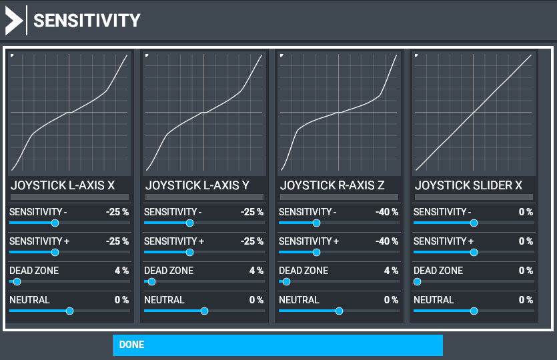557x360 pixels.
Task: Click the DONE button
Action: pyautogui.click(x=277, y=345)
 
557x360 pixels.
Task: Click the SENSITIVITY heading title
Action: pyautogui.click(x=87, y=21)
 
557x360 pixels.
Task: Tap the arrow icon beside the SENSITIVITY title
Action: pyautogui.click(x=13, y=21)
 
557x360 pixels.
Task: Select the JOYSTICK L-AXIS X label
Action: pyautogui.click(x=63, y=185)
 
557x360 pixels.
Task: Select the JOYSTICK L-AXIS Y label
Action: pyautogui.click(x=197, y=185)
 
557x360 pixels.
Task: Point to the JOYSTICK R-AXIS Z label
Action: pyautogui.click(x=332, y=185)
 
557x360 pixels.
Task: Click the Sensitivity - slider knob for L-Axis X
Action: pyautogui.click(x=55, y=223)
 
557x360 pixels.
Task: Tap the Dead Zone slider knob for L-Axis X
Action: pyautogui.click(x=17, y=282)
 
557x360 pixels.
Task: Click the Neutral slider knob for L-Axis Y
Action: pyautogui.click(x=204, y=311)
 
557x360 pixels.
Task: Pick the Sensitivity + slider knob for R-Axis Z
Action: pyautogui.click(x=316, y=253)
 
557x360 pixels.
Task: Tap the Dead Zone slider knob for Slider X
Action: pyautogui.click(x=418, y=282)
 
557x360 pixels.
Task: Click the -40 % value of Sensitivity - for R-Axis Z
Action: pyautogui.click(x=387, y=212)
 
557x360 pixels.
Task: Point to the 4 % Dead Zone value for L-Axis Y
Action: pyautogui.click(x=256, y=271)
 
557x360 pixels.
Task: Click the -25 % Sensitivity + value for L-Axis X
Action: pyautogui.click(x=117, y=241)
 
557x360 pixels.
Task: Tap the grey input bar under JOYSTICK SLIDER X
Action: pyautogui.click(x=474, y=197)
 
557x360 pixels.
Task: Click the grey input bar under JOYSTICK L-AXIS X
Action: pyautogui.click(x=69, y=197)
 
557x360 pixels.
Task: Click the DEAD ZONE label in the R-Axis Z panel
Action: pyautogui.click(x=304, y=271)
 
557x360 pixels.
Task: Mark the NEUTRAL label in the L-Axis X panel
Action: pyautogui.click(x=29, y=300)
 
